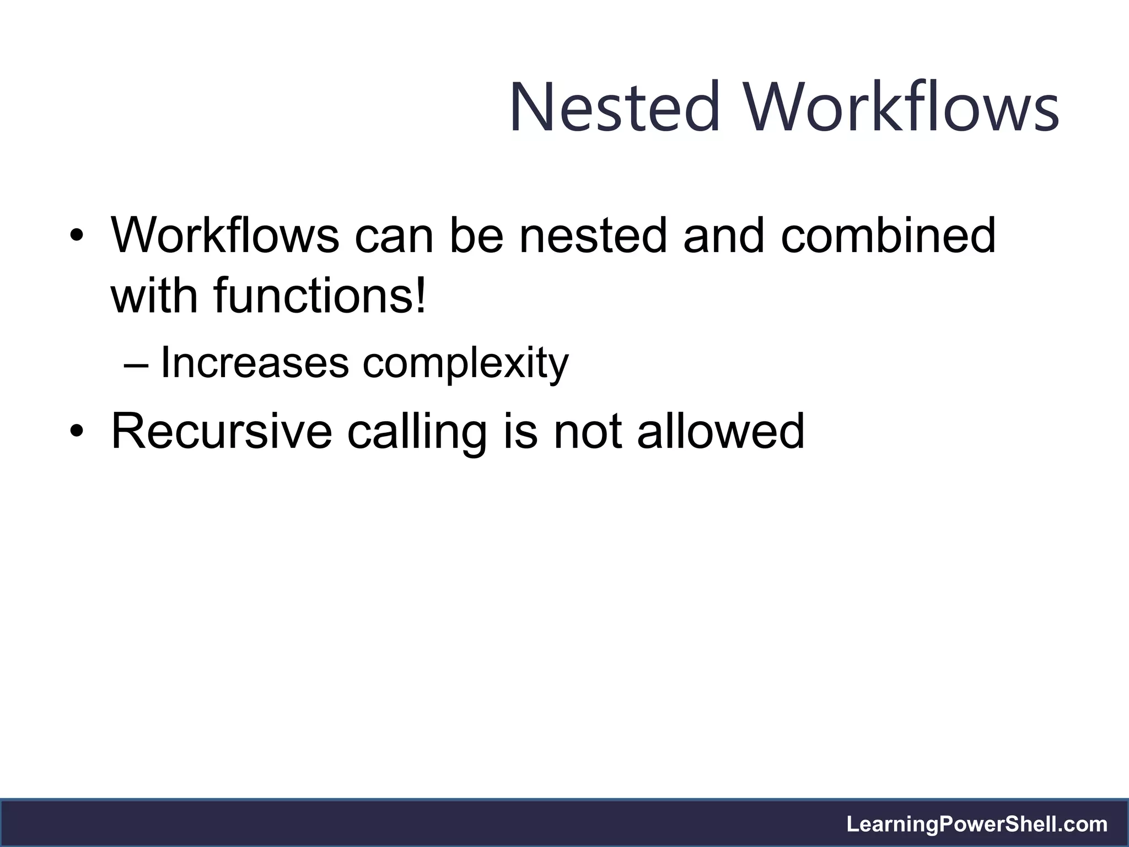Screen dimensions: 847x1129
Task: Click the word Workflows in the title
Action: [902, 107]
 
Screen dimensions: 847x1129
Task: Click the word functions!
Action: [320, 295]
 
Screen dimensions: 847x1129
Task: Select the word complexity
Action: [465, 364]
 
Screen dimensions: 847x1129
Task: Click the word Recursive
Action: [222, 431]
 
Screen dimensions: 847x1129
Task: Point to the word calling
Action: [417, 432]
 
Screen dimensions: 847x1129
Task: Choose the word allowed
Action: [721, 431]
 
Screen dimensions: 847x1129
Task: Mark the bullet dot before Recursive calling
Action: [77, 432]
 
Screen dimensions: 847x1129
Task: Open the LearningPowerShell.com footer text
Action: [977, 824]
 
